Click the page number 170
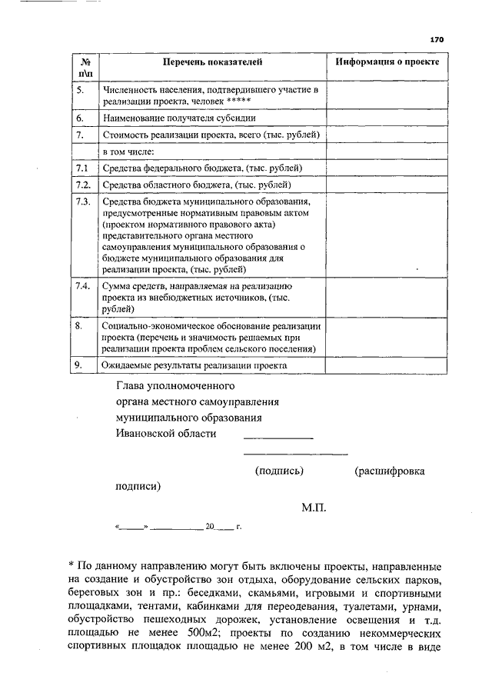coord(437,39)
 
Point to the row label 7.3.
coord(83,201)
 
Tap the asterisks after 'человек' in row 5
coord(240,102)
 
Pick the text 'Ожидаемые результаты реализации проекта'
coord(194,366)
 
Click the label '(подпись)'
coord(279,471)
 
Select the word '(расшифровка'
coord(389,471)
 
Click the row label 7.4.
coord(83,286)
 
